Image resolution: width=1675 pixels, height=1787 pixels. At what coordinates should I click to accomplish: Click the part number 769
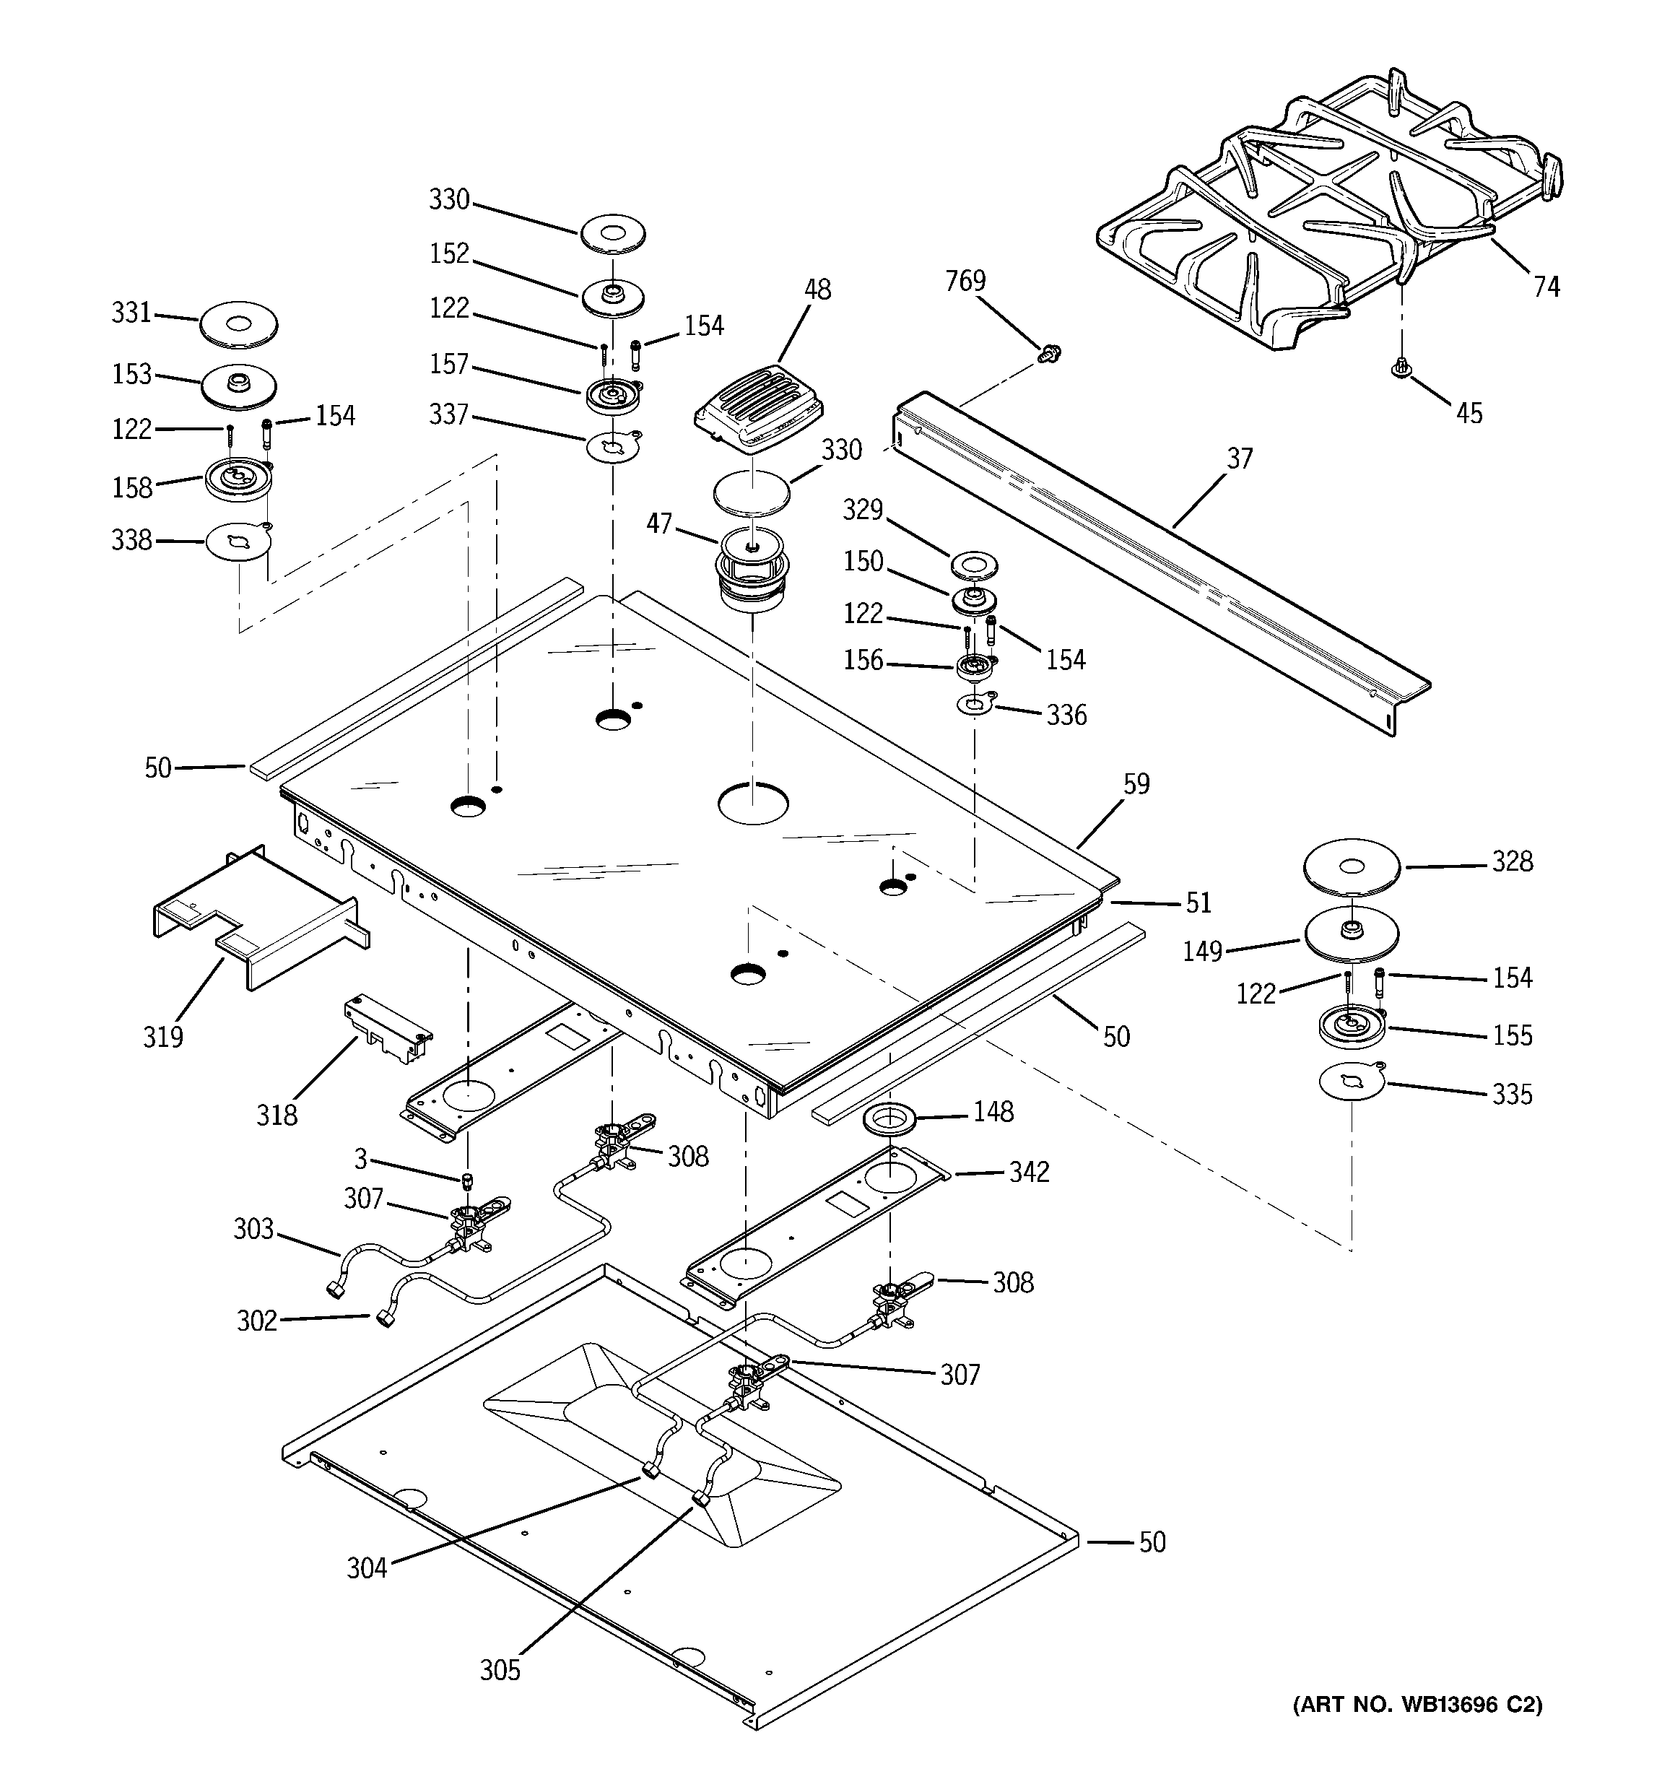pos(965,282)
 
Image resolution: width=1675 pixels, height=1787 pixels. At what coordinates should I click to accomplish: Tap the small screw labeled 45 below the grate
pos(1400,368)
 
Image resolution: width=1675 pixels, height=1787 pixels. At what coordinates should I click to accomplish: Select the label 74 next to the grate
pos(1546,287)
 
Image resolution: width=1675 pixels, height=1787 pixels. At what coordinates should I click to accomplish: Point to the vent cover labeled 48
pos(760,411)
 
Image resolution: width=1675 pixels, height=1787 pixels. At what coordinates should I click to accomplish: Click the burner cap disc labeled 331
pos(238,323)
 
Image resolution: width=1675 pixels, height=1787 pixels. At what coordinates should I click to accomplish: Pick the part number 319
pos(162,1038)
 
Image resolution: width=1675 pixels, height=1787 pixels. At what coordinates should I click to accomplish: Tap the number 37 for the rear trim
pos(1240,459)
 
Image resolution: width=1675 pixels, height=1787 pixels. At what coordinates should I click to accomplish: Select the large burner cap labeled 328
pos(1352,867)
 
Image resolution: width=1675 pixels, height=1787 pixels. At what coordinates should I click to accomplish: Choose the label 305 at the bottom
pos(500,1670)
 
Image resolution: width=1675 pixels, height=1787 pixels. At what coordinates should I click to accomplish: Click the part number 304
pos(367,1568)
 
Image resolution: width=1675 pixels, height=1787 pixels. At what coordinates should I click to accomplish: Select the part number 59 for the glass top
pos(1136,785)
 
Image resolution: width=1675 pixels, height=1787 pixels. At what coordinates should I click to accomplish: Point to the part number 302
pos(256,1321)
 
